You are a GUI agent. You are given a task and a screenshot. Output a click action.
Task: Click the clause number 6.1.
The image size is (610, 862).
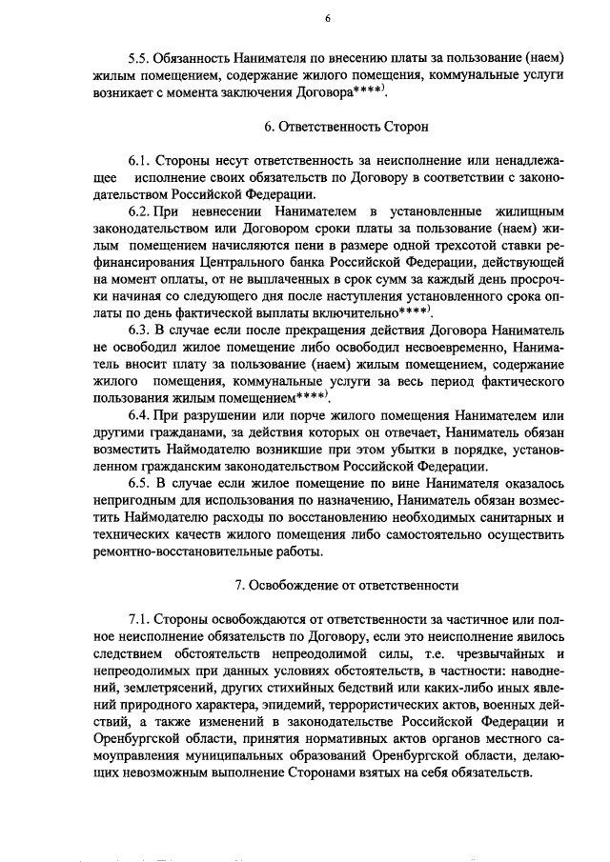[x=140, y=161]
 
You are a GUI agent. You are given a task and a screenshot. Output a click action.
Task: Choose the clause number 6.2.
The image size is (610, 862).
[x=141, y=210]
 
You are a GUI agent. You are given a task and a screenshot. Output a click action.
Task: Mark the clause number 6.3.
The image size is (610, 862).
[x=140, y=330]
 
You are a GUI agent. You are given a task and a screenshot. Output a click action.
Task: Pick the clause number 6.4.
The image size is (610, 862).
[x=140, y=415]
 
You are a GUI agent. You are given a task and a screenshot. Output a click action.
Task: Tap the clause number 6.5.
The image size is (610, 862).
[x=140, y=483]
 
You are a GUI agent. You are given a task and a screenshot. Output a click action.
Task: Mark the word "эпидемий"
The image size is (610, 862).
[x=293, y=705]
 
